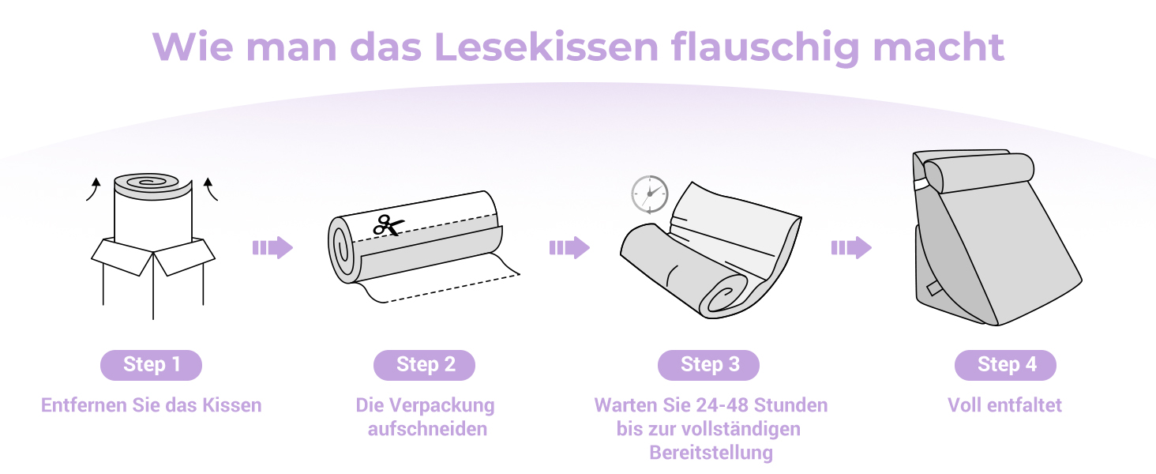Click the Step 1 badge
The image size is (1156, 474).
151,365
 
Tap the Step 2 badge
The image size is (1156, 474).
424,365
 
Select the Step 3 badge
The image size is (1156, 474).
708,365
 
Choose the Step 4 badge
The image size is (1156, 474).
1005,365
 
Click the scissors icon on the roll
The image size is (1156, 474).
388,226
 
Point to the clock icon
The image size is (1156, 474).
650,194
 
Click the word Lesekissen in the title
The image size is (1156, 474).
546,47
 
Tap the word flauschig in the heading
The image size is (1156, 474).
765,48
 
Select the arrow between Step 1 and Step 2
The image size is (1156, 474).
272,248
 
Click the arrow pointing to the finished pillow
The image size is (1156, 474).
851,248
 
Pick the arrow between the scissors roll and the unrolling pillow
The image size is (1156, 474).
570,248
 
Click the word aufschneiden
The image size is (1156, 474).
427,429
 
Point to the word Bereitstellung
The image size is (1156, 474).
711,453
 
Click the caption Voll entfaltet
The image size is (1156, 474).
1005,405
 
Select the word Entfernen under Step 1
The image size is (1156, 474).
84,405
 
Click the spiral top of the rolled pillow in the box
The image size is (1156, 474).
146,182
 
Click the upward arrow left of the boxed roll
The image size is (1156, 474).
93,189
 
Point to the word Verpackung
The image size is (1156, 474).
441,406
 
